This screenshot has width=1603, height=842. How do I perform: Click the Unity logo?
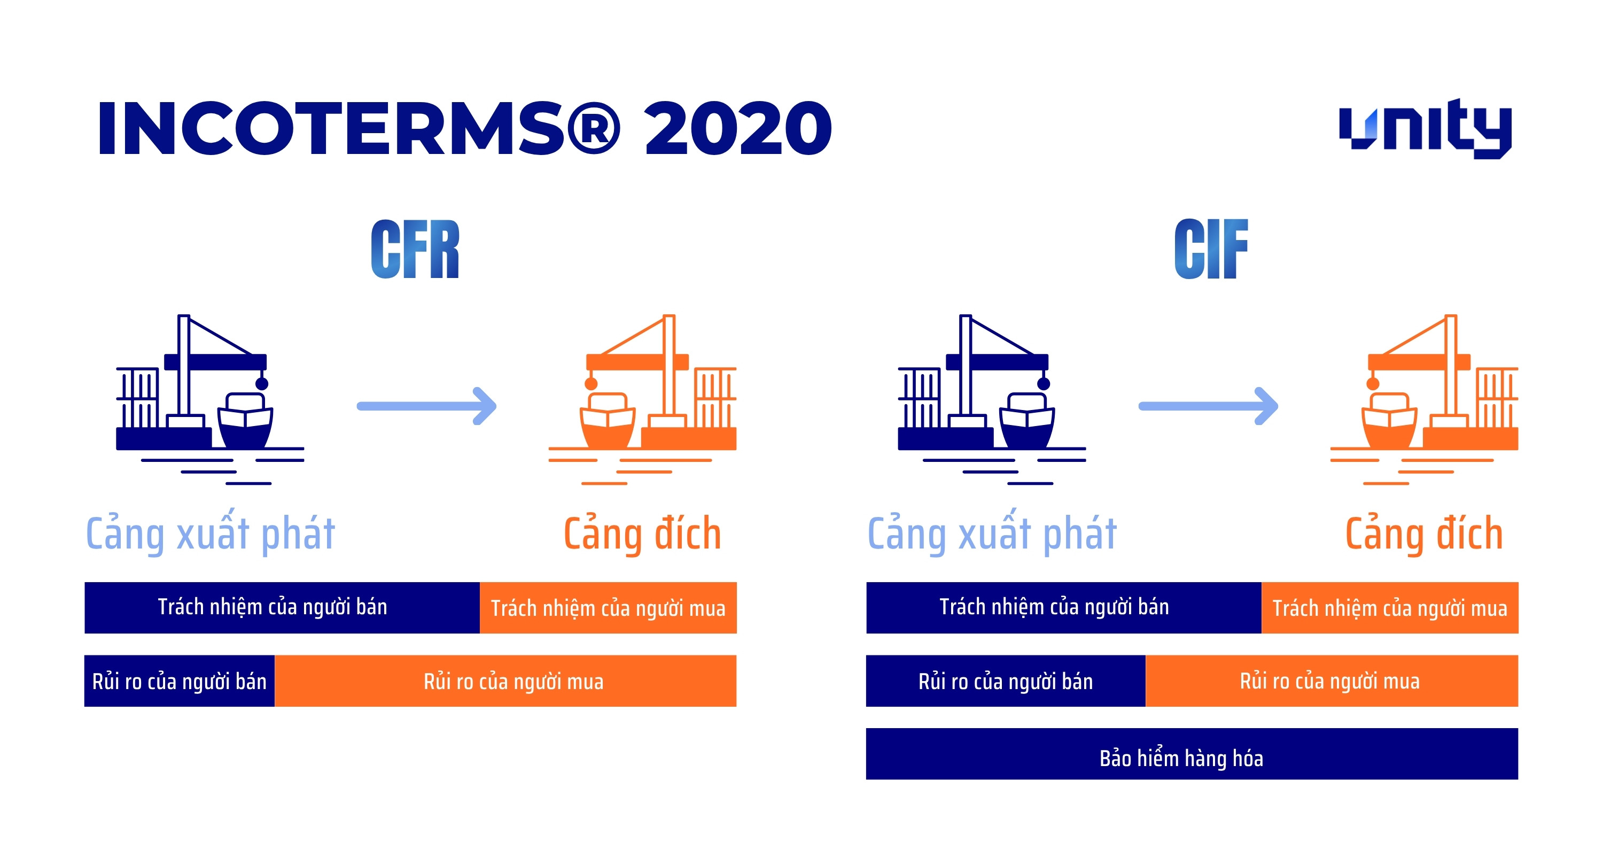pyautogui.click(x=1425, y=128)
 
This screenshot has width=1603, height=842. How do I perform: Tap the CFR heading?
pyautogui.click(x=415, y=249)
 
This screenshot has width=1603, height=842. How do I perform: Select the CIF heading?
pyautogui.click(x=1211, y=249)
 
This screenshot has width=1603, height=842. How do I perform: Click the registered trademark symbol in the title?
pyautogui.click(x=593, y=128)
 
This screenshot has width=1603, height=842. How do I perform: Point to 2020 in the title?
pyautogui.click(x=738, y=128)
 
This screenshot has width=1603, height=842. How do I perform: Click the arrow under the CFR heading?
pyautogui.click(x=427, y=406)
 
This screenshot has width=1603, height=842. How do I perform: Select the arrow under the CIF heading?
pyautogui.click(x=1209, y=406)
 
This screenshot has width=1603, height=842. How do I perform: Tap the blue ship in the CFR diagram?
pyautogui.click(x=245, y=419)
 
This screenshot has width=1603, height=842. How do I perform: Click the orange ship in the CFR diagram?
pyautogui.click(x=608, y=419)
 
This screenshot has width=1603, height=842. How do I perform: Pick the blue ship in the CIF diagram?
pyautogui.click(x=1027, y=419)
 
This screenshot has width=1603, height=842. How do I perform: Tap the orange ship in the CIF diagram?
pyautogui.click(x=1389, y=419)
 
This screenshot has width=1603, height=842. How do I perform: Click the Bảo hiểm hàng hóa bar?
pyautogui.click(x=1192, y=754)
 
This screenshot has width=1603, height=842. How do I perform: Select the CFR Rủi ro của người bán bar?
pyautogui.click(x=179, y=681)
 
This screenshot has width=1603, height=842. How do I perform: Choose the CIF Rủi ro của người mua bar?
pyautogui.click(x=1331, y=681)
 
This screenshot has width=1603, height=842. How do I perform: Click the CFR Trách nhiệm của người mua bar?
pyautogui.click(x=608, y=608)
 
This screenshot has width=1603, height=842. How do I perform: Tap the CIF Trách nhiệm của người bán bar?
pyautogui.click(x=1063, y=608)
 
